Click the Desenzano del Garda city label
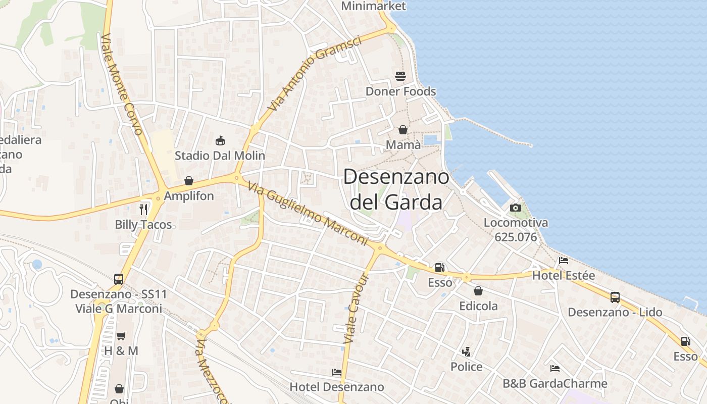(x=396, y=189)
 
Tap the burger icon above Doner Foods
(x=400, y=76)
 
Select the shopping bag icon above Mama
(x=403, y=130)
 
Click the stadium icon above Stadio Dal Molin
(x=220, y=140)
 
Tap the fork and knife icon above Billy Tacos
(x=144, y=209)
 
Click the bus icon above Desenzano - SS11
(x=119, y=279)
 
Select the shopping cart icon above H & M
(x=121, y=336)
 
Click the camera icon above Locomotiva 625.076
(x=516, y=208)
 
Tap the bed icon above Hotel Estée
(x=564, y=261)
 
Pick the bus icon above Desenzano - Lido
(x=615, y=297)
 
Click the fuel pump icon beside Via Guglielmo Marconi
(x=440, y=268)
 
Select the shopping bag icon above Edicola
(x=478, y=291)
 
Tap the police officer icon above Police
(x=466, y=351)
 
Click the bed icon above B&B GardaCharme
(x=555, y=368)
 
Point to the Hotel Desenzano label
(x=337, y=387)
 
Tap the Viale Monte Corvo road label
(x=122, y=85)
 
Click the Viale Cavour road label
(x=357, y=309)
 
